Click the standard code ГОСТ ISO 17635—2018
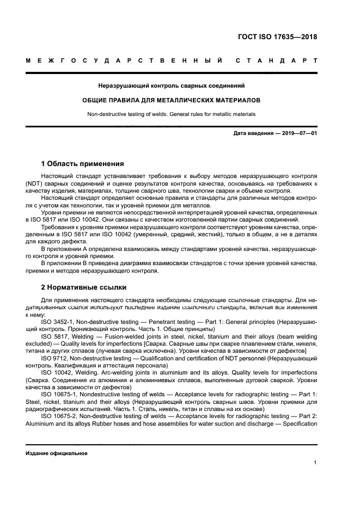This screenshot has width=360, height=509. (x=277, y=38)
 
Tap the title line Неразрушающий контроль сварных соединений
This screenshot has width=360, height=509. (x=172, y=86)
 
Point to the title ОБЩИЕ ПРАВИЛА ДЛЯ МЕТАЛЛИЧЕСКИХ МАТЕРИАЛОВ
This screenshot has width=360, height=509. (x=172, y=100)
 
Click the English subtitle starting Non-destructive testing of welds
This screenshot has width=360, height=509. (x=172, y=114)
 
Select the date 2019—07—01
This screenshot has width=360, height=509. (x=298, y=133)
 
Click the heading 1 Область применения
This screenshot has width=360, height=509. (x=83, y=163)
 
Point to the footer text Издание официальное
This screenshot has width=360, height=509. (x=56, y=453)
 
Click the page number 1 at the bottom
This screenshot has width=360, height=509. (x=316, y=462)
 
